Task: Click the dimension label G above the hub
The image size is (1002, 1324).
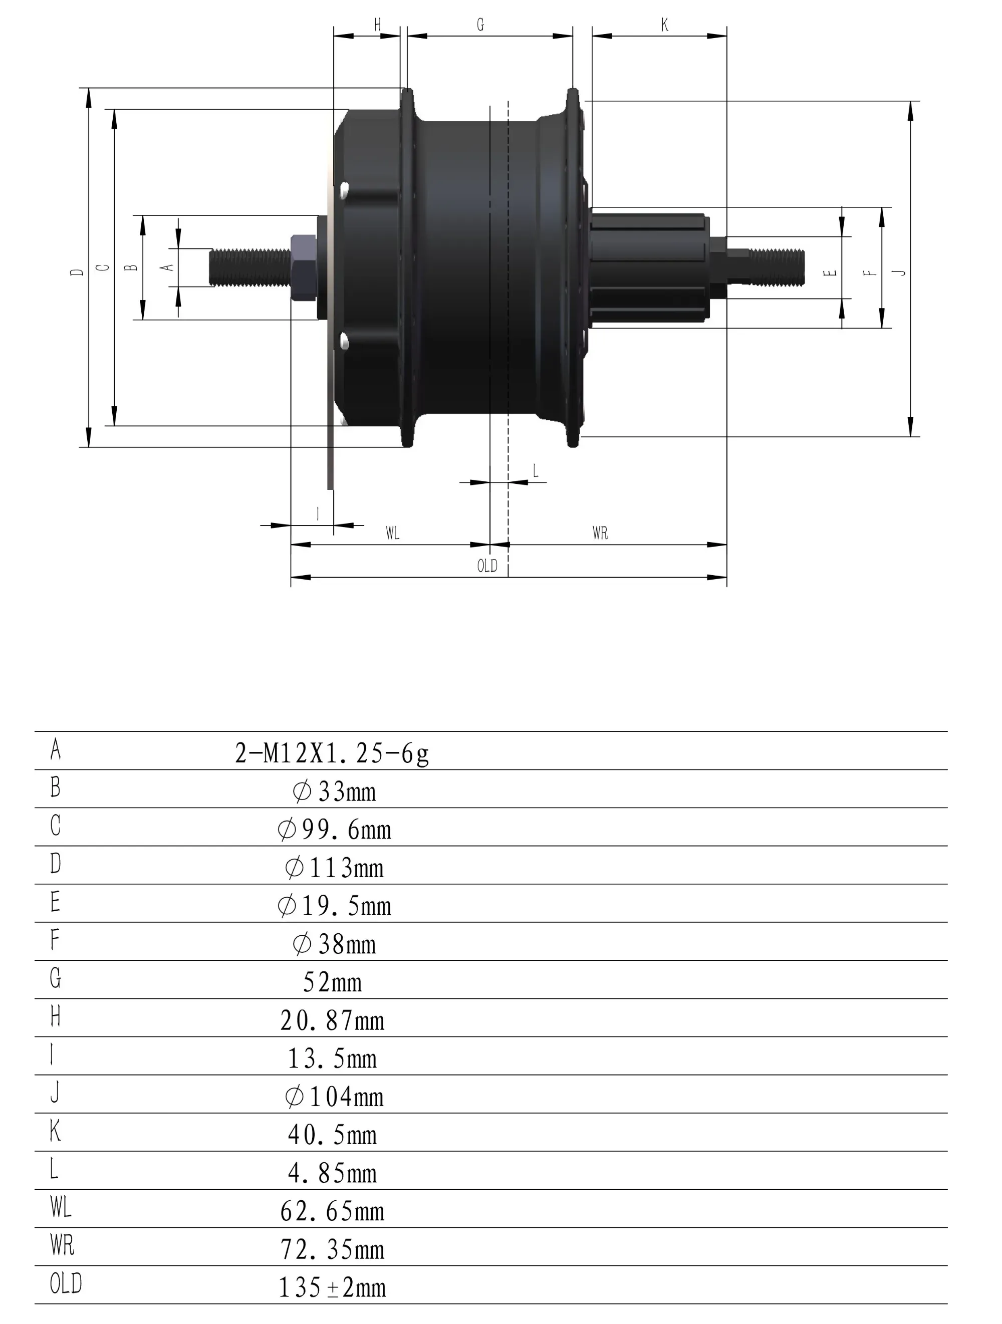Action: click(x=480, y=25)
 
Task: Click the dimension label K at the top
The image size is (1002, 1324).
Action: click(x=664, y=25)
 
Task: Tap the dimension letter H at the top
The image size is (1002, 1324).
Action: click(x=377, y=25)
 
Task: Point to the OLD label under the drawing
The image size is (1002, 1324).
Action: click(x=487, y=566)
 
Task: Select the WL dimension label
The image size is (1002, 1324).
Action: click(x=392, y=533)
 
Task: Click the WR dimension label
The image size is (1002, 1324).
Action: click(x=600, y=533)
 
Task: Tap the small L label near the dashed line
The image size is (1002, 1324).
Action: click(x=535, y=470)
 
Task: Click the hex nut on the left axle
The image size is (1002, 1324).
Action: click(x=304, y=268)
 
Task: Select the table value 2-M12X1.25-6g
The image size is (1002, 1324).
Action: click(x=332, y=753)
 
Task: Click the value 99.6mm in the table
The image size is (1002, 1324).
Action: click(x=335, y=830)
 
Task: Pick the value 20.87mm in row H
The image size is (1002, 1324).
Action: click(x=332, y=1020)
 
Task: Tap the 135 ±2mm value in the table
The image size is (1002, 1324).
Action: click(x=332, y=1287)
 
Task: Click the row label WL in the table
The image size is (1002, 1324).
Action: click(x=61, y=1207)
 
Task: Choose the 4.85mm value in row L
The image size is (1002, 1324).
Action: click(x=332, y=1173)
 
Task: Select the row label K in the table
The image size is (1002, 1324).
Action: click(x=55, y=1131)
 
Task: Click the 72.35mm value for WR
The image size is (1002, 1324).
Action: click(x=332, y=1250)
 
